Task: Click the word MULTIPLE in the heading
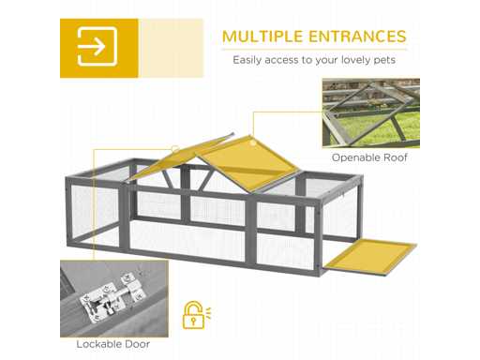pyautogui.click(x=262, y=37)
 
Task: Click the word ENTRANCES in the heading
pyautogui.click(x=357, y=37)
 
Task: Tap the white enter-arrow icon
pyautogui.click(x=97, y=47)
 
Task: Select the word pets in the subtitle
pyautogui.click(x=384, y=60)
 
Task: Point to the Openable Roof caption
pyautogui.click(x=369, y=157)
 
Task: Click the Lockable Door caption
pyautogui.click(x=113, y=344)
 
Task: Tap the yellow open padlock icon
pyautogui.click(x=197, y=315)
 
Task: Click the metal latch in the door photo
pyautogui.click(x=110, y=297)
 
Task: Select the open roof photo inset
pyautogui.click(x=371, y=113)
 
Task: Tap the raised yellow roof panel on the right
pyautogui.click(x=247, y=163)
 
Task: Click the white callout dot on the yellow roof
pyautogui.click(x=253, y=143)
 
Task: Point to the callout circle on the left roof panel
pyautogui.click(x=175, y=149)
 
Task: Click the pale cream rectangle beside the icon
pyautogui.click(x=171, y=48)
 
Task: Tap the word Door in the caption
pyautogui.click(x=138, y=344)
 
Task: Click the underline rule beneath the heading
pyautogui.click(x=314, y=50)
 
